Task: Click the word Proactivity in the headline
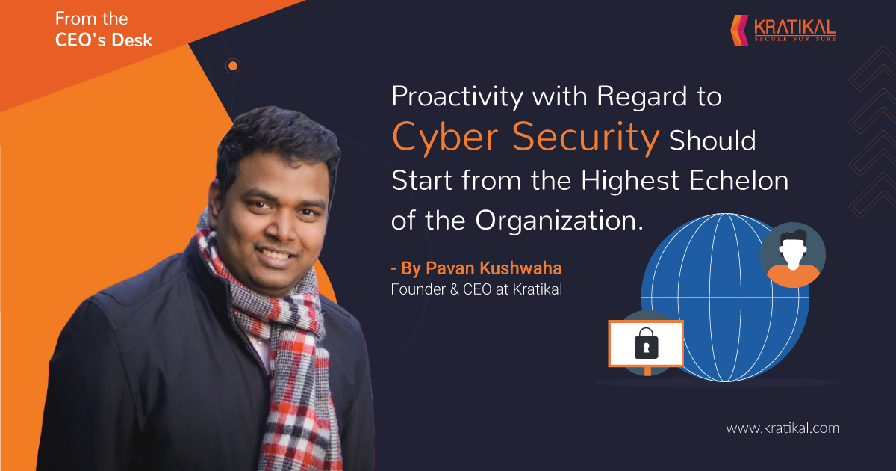pos(457,96)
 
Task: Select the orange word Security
pos(585,138)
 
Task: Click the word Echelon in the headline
pos(738,180)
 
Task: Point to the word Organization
pos(559,221)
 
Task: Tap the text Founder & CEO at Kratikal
pos(476,289)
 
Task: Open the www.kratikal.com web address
pos(783,428)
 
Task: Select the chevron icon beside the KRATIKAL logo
pos(740,30)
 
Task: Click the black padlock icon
pos(646,343)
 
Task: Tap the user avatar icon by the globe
pos(793,255)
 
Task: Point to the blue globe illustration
pos(725,298)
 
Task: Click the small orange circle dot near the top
pos(233,66)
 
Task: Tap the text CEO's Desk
pos(104,40)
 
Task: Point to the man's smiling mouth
pos(277,255)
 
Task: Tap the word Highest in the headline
pos(630,180)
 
